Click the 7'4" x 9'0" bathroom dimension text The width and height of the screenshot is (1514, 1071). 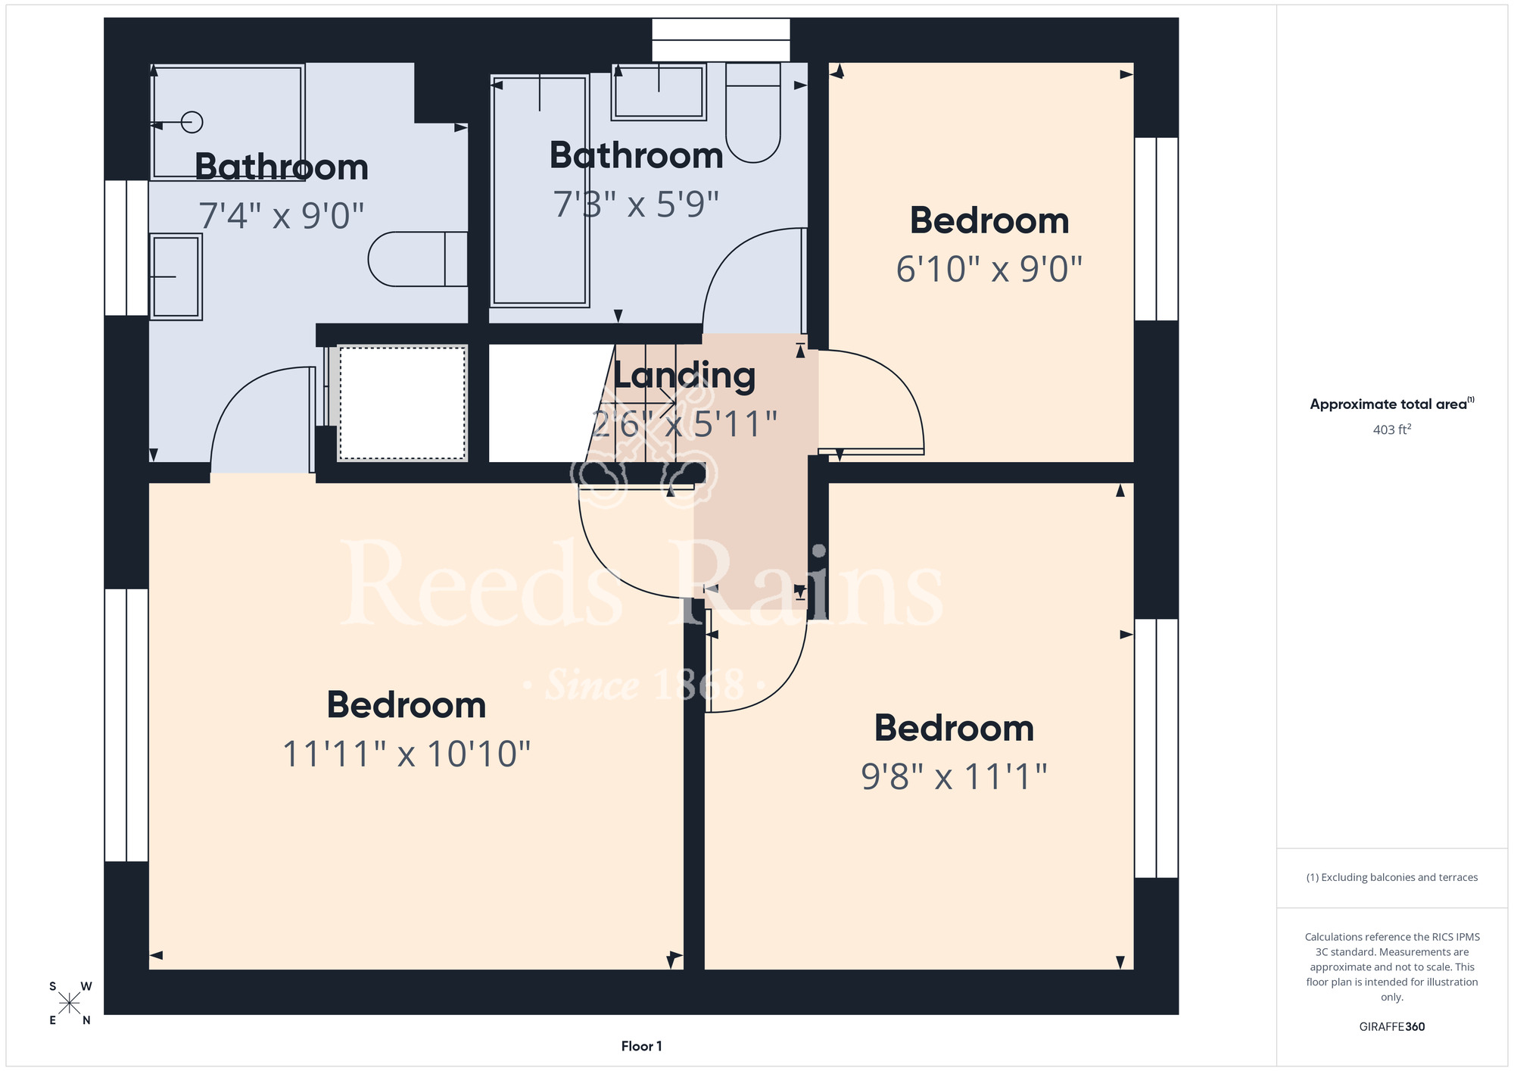pyautogui.click(x=282, y=216)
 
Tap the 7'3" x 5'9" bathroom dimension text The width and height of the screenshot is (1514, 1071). pyautogui.click(x=636, y=204)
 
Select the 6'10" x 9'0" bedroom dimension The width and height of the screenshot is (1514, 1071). pyautogui.click(x=989, y=269)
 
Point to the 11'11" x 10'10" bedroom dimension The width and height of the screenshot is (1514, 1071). pyautogui.click(x=407, y=754)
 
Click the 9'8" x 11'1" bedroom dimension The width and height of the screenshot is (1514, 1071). pyautogui.click(x=954, y=776)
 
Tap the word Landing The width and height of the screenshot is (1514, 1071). pyautogui.click(x=684, y=376)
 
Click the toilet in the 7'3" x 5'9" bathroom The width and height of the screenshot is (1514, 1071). pyautogui.click(x=753, y=112)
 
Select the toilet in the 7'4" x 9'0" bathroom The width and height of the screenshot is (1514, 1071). pyautogui.click(x=418, y=259)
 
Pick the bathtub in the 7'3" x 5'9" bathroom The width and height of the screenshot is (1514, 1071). pyautogui.click(x=540, y=190)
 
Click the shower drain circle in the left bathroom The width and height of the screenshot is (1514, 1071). pyautogui.click(x=192, y=122)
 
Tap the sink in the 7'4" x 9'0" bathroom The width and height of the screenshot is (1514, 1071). pyautogui.click(x=176, y=276)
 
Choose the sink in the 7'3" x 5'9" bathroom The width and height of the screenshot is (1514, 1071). pyautogui.click(x=659, y=92)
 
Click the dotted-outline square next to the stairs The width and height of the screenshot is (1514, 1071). pyautogui.click(x=403, y=403)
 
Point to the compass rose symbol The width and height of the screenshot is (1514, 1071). pyautogui.click(x=70, y=1004)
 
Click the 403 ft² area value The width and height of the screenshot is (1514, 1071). pyautogui.click(x=1392, y=429)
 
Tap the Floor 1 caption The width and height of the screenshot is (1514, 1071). pyautogui.click(x=641, y=1046)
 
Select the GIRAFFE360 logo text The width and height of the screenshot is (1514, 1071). pyautogui.click(x=1392, y=1027)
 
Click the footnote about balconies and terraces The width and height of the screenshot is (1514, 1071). pyautogui.click(x=1392, y=877)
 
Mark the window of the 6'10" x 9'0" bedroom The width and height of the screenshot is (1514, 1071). pyautogui.click(x=1157, y=229)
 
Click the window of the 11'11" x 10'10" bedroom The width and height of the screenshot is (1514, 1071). pyautogui.click(x=126, y=725)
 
